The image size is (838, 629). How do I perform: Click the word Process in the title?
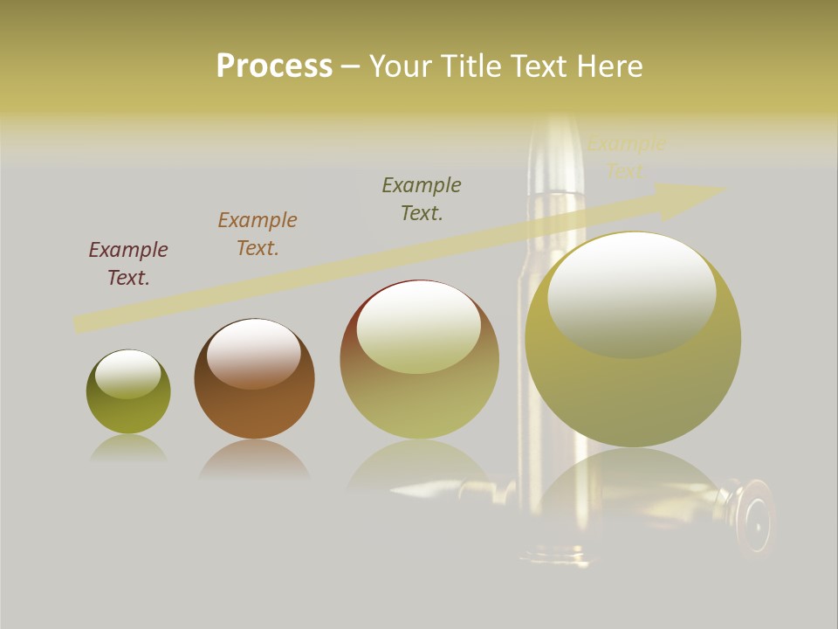coord(274,66)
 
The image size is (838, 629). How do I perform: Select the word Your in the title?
coord(402,66)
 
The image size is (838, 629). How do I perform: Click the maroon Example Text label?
coord(128,263)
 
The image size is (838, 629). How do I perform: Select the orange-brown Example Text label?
coord(258,233)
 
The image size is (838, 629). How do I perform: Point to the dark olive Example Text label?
coord(422,198)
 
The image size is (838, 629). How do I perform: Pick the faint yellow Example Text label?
coord(626,157)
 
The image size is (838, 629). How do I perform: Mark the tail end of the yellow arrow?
coord(77,324)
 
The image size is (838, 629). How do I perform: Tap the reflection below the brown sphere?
coord(254,459)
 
